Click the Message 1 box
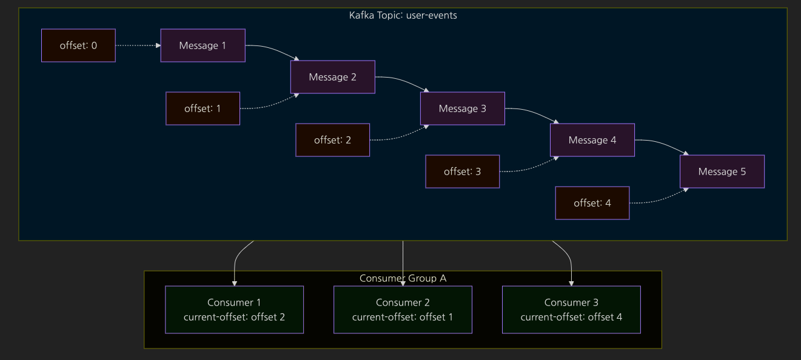click(x=203, y=45)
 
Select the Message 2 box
click(x=332, y=77)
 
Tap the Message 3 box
click(x=463, y=108)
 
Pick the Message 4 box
click(x=592, y=140)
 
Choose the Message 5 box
click(x=722, y=172)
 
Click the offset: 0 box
click(x=78, y=45)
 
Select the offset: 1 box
click(x=203, y=108)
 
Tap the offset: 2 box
click(x=332, y=140)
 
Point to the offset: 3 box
click(x=463, y=172)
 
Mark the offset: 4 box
click(x=592, y=202)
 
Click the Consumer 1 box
click(x=234, y=310)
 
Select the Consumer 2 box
click(x=403, y=310)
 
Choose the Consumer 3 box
click(x=571, y=310)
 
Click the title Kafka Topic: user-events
click(x=403, y=15)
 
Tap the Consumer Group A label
click(x=403, y=278)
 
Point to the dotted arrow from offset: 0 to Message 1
click(x=138, y=45)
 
